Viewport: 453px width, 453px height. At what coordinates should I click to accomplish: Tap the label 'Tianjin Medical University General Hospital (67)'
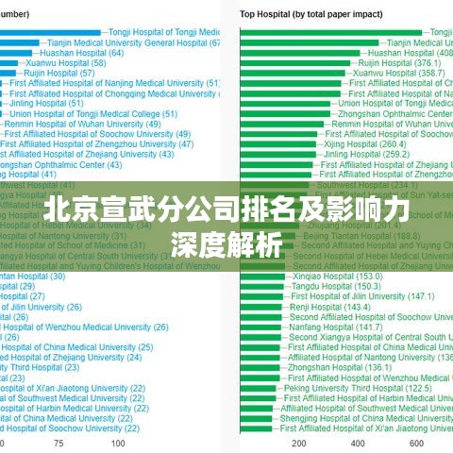point(133,42)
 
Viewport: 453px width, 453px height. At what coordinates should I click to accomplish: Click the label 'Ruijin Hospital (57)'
point(59,73)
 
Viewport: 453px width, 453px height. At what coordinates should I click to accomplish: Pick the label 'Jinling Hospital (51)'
point(53,103)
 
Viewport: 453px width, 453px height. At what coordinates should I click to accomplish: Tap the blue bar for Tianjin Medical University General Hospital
point(20,42)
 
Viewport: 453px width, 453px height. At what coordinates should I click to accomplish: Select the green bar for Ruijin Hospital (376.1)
point(298,62)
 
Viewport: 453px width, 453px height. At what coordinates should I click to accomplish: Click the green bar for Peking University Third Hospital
point(260,387)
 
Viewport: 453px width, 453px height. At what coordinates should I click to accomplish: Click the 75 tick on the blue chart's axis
point(59,443)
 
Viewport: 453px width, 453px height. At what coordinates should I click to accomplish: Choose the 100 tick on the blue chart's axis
point(117,443)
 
